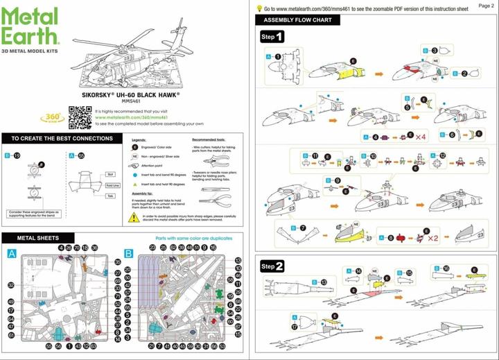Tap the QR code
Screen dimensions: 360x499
point(80,117)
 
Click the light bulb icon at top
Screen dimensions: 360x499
point(259,9)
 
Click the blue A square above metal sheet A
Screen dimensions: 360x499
point(11,254)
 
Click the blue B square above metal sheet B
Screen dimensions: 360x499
point(128,254)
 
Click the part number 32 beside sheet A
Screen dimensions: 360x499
point(11,285)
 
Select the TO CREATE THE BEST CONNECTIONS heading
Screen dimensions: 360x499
point(62,139)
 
